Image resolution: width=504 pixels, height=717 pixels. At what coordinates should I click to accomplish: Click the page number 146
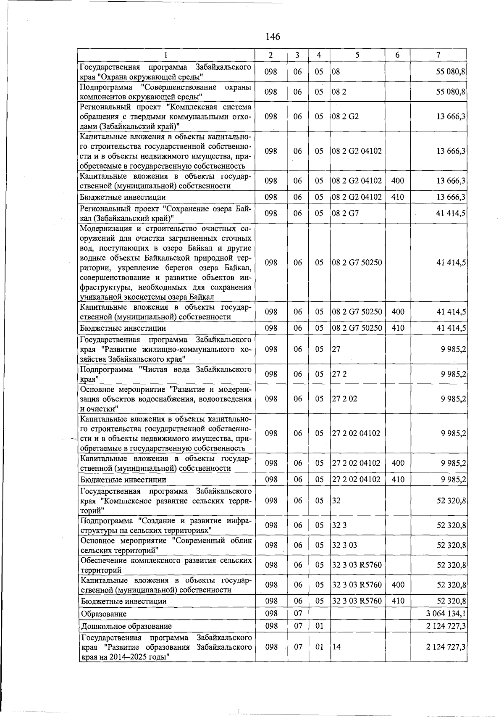point(273,37)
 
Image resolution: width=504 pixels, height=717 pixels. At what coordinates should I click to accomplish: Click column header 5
point(357,55)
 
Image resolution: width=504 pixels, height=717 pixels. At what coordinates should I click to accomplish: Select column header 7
point(438,55)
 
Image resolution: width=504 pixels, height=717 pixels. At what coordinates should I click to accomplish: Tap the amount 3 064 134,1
point(446,614)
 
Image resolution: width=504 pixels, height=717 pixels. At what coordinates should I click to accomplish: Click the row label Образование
point(104,614)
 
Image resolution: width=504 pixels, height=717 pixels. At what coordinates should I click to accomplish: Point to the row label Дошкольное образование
point(126,626)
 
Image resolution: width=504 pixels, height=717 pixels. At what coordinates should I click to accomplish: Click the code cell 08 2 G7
point(345,213)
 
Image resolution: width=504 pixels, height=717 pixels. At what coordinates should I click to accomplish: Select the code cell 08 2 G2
point(345,116)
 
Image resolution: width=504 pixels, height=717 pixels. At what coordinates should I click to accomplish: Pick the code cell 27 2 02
point(344,398)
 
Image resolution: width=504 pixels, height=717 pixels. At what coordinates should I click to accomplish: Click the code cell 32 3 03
point(344,545)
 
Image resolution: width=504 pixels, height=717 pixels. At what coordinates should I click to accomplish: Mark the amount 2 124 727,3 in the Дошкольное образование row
point(446,626)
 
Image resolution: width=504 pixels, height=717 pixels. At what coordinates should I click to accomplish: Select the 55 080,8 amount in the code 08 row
point(451,71)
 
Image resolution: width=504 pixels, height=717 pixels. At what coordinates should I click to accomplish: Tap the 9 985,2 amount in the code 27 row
point(453,349)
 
